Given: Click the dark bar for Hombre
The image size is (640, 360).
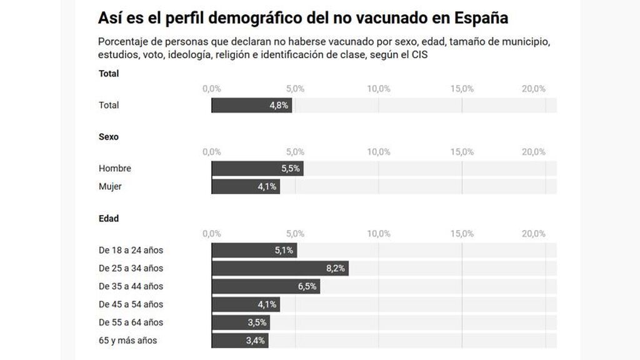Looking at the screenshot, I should tap(257, 168).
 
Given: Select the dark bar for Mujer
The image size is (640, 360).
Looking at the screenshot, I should tap(245, 186).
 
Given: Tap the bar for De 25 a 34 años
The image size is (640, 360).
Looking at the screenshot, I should tap(279, 268).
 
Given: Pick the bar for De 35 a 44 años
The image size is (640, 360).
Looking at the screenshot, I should tap(265, 286).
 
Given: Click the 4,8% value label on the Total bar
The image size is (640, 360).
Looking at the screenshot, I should tap(279, 105).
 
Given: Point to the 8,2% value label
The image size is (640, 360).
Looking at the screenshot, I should tap(336, 268).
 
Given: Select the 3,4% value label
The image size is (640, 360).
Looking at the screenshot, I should tap(256, 341).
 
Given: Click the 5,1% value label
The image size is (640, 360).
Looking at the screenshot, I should tap(284, 250).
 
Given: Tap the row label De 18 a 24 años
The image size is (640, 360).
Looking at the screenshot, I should tap(131, 250).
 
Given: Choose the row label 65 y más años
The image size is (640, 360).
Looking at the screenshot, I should tap(128, 341).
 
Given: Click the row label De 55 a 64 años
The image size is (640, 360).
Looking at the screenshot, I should tap(131, 322).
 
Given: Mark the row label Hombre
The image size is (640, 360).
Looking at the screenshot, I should tap(115, 168).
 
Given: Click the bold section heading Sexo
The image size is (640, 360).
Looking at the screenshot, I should tap(109, 137).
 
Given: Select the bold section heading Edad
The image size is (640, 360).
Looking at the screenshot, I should tap(109, 219).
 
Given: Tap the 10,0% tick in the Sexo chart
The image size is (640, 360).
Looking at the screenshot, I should tap(379, 152).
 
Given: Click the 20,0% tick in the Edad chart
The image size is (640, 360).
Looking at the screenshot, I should tap(534, 234).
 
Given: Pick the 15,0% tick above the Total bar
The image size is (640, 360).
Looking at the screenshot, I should tap(462, 89).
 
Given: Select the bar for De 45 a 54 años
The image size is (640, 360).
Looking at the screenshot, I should tap(245, 304).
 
